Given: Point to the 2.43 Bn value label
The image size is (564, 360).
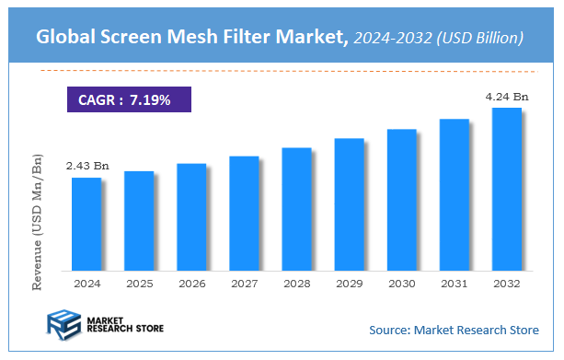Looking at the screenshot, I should click(86, 166).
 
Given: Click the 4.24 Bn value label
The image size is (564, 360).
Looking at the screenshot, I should click(507, 95).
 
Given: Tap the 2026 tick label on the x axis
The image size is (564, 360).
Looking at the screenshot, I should click(191, 284).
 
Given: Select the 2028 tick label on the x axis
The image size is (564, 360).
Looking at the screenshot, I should click(296, 284).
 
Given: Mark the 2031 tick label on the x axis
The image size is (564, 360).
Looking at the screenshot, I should click(455, 284).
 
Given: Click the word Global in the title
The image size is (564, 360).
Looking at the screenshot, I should click(67, 38).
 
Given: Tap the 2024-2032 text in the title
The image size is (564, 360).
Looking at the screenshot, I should click(390, 38).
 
